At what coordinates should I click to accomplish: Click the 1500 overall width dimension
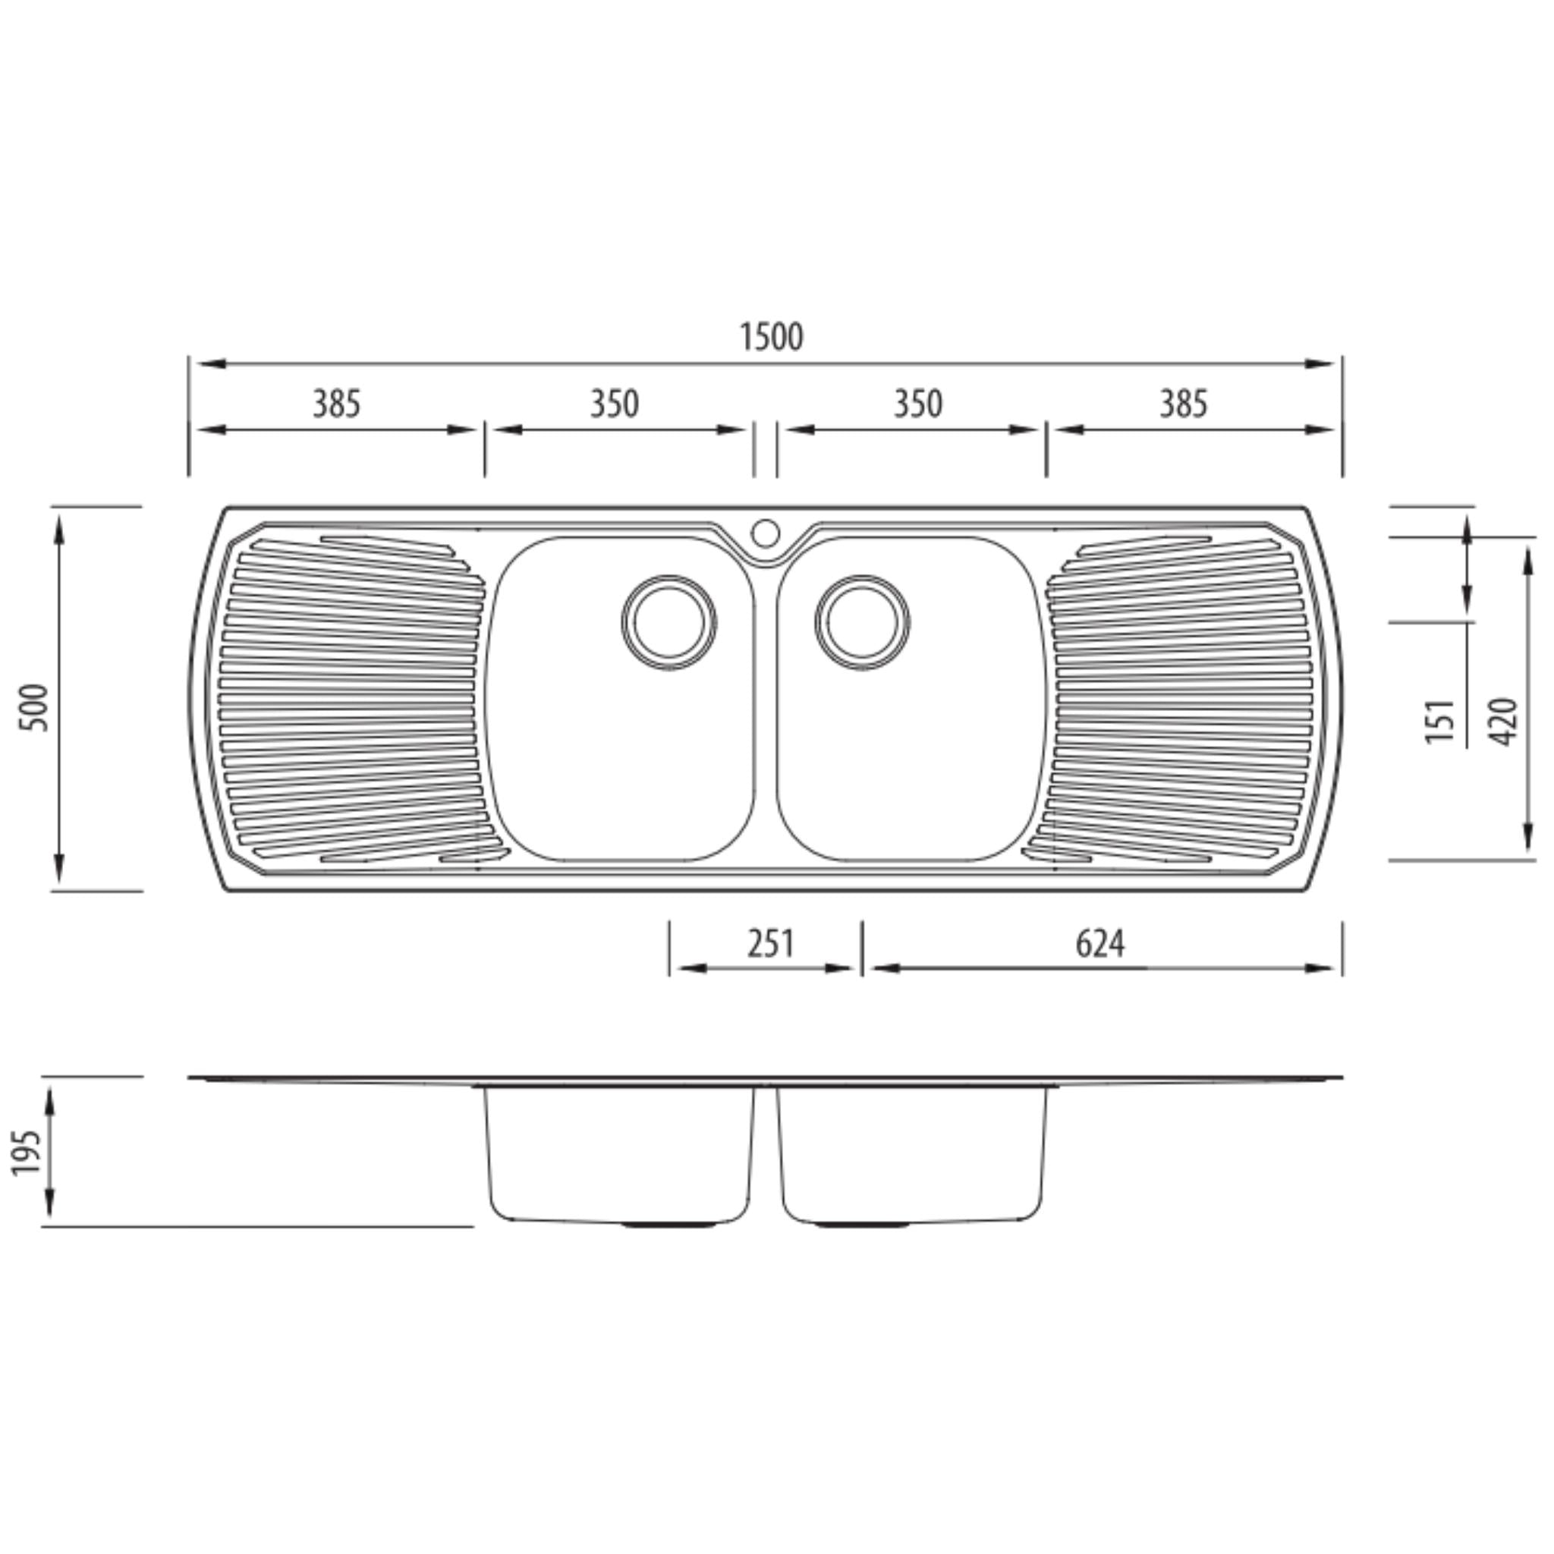tap(771, 338)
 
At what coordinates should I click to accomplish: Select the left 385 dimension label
tap(336, 404)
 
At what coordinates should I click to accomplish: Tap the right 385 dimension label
tap(1183, 404)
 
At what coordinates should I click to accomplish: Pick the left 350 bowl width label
tap(615, 404)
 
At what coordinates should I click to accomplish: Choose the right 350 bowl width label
tap(918, 404)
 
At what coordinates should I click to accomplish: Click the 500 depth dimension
tap(36, 707)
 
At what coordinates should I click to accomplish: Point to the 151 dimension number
tap(1441, 721)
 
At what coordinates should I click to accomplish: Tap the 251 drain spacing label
tap(769, 943)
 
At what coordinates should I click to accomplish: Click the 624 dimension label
tap(1099, 943)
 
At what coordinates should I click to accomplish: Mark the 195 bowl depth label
tap(27, 1152)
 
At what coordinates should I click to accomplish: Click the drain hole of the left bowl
tap(668, 622)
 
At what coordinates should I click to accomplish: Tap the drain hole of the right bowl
tap(861, 622)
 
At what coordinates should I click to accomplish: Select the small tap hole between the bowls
tap(765, 533)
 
